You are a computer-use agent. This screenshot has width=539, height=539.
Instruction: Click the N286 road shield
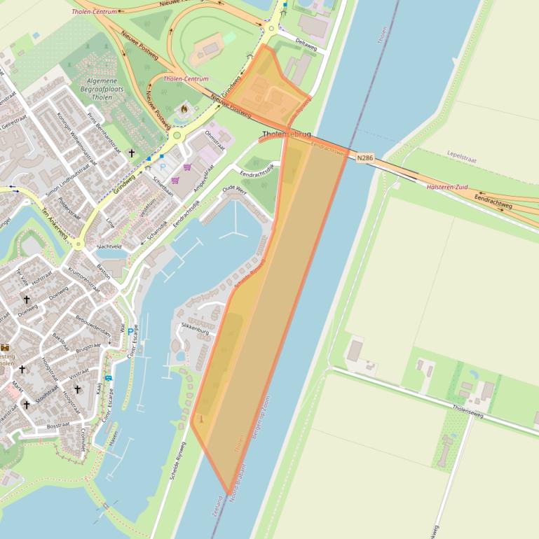364,158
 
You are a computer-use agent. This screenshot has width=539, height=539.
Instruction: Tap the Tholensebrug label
287,134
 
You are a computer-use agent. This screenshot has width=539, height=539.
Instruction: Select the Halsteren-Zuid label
447,187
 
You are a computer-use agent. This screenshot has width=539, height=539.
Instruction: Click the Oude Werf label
234,190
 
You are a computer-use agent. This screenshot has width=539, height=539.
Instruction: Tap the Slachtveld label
109,246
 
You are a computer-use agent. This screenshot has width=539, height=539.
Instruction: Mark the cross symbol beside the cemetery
131,153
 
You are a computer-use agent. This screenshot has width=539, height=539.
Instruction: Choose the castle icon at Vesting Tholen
5,347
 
